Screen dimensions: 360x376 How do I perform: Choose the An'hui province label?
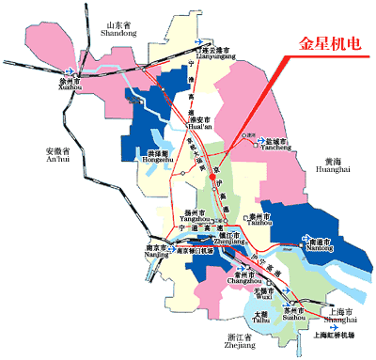click(x=57, y=155)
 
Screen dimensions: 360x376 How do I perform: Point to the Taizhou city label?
click(x=253, y=215)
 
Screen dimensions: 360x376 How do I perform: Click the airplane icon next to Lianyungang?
click(x=198, y=43)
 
